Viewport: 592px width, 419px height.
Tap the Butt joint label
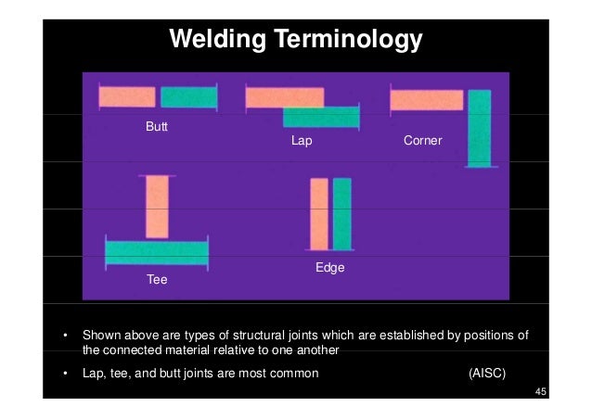157,124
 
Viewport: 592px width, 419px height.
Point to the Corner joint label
422,142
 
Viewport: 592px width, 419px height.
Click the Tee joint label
157,277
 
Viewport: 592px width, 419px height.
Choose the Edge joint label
330,268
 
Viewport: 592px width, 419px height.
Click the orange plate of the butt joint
127,96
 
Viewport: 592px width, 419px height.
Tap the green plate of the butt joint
188,96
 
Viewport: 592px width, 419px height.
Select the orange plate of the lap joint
284,96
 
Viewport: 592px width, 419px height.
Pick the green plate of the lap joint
321,118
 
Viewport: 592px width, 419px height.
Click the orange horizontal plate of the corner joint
426,99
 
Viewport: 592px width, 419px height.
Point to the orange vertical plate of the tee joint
157,207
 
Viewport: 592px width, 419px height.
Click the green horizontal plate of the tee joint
157,251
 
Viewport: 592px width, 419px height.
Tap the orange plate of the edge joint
319,214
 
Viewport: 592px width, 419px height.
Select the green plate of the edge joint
342,214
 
